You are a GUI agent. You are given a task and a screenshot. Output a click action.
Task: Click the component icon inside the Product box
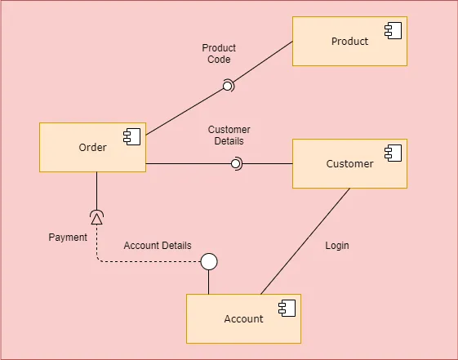click(394, 32)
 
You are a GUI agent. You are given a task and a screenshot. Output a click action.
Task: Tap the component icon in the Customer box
click(393, 153)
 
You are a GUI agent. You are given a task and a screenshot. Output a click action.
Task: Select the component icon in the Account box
click(287, 308)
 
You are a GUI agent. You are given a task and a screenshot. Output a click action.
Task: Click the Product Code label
click(219, 54)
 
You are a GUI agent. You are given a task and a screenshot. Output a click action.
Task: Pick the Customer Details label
click(229, 136)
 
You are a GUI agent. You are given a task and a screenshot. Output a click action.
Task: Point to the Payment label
click(68, 238)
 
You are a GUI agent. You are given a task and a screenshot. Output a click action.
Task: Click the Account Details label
click(158, 246)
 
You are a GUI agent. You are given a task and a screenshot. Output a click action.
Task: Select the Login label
click(336, 246)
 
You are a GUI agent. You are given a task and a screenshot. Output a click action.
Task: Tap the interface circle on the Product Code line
click(228, 85)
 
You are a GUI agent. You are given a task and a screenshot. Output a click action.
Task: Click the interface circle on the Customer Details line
click(235, 164)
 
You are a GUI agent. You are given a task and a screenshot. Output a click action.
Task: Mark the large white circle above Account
click(209, 261)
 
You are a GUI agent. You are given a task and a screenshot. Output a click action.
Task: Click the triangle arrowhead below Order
click(96, 217)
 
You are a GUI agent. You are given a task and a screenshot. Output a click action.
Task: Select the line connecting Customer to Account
click(306, 242)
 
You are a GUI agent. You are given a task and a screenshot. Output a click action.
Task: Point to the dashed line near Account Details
click(147, 261)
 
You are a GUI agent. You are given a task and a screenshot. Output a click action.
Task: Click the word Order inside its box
click(92, 148)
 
